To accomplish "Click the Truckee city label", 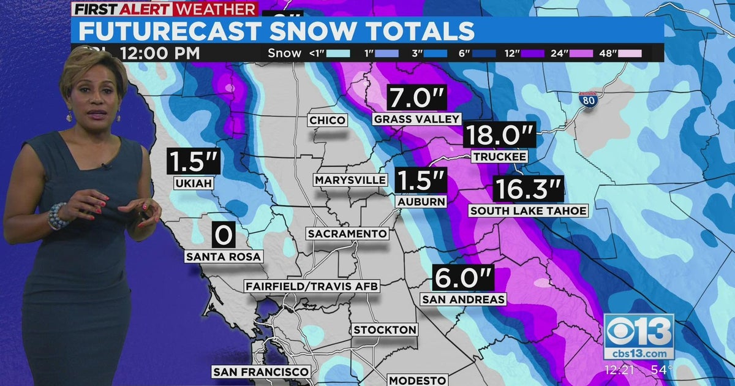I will pyautogui.click(x=499, y=157).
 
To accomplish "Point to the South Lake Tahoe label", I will pyautogui.click(x=528, y=211).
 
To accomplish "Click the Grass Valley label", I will pyautogui.click(x=417, y=119).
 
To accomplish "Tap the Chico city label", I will pyautogui.click(x=327, y=120).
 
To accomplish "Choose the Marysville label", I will pyautogui.click(x=350, y=180).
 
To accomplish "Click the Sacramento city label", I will pyautogui.click(x=347, y=234).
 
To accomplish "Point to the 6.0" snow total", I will pyautogui.click(x=462, y=278).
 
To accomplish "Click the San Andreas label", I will pyautogui.click(x=463, y=300).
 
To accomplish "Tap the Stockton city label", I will pyautogui.click(x=385, y=330).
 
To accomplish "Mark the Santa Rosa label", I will pyautogui.click(x=224, y=257).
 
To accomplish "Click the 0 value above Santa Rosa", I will pyautogui.click(x=224, y=235).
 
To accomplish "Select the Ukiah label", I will pyautogui.click(x=194, y=183).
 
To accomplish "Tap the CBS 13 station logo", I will pyautogui.click(x=639, y=336).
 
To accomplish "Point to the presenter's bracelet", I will pyautogui.click(x=58, y=215).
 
